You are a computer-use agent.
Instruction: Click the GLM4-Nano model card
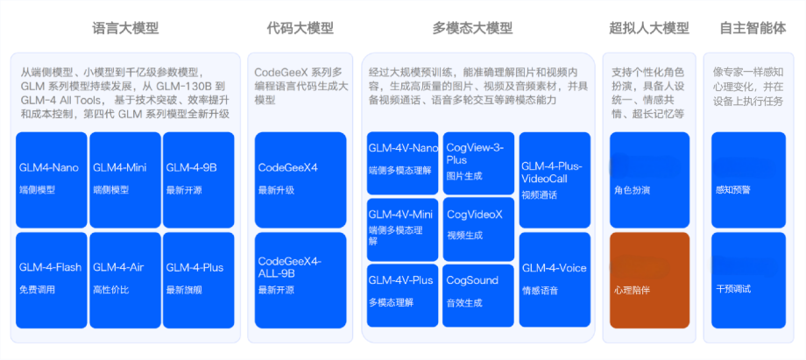(51, 179)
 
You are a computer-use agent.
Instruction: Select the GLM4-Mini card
(124, 179)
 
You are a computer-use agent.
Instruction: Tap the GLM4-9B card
(199, 179)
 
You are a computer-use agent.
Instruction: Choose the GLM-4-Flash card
(51, 279)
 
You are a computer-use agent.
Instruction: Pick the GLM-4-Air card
(124, 279)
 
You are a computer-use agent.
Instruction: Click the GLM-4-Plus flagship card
(199, 279)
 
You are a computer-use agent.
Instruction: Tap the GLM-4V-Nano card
(402, 162)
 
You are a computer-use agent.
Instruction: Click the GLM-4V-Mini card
(402, 229)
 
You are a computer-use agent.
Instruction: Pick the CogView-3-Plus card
(477, 162)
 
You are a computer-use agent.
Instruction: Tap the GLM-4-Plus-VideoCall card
(553, 179)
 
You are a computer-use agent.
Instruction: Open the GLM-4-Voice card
(553, 279)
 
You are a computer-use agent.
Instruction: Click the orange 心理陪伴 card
(649, 279)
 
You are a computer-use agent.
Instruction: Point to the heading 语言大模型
(125, 28)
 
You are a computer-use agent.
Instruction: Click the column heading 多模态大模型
(472, 28)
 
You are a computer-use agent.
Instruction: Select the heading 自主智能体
(753, 28)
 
